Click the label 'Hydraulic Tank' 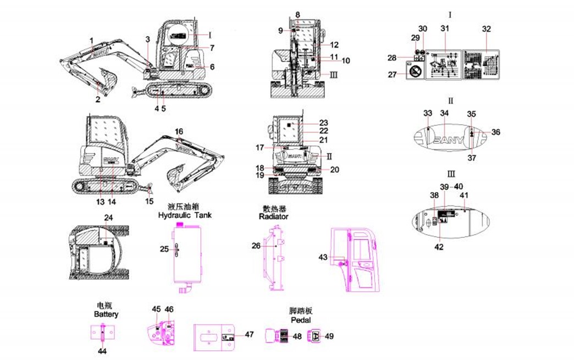(x=184, y=216)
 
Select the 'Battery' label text (x=106, y=314)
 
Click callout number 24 (x=109, y=218)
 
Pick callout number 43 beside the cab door (x=323, y=257)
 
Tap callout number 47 (x=249, y=334)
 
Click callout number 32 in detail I (x=487, y=29)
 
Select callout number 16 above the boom (x=179, y=131)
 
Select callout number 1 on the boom (x=91, y=40)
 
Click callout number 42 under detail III (x=439, y=247)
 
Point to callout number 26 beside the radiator (x=256, y=246)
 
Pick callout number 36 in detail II (x=495, y=132)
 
